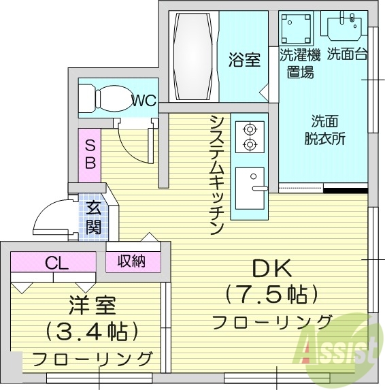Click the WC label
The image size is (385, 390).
coord(144,101)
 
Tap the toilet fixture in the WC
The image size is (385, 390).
coord(105,99)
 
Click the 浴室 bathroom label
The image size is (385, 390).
coord(244,60)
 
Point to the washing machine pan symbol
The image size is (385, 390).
coord(297,29)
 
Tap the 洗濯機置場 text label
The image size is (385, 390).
coord(299,63)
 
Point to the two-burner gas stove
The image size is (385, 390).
coord(249,135)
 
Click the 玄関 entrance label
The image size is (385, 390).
coord(93,218)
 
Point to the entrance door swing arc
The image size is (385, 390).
coord(52,216)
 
